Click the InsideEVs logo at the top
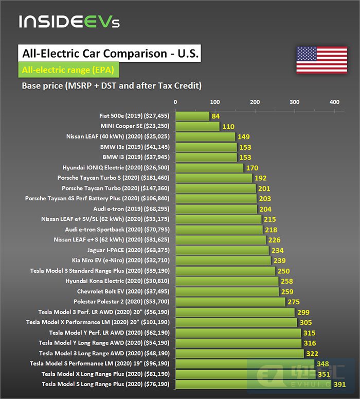click(x=69, y=22)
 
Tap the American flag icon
click(x=314, y=60)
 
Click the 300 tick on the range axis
click(x=295, y=102)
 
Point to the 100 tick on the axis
click(x=215, y=102)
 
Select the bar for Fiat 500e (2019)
click(x=192, y=116)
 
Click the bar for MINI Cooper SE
click(x=197, y=127)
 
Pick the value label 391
click(x=340, y=384)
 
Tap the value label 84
click(x=216, y=116)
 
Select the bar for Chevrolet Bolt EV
click(x=227, y=291)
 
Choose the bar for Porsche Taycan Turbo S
click(x=214, y=178)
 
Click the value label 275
click(x=294, y=302)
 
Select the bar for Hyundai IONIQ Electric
click(x=209, y=168)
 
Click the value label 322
click(x=313, y=353)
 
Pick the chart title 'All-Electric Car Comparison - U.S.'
click(x=109, y=54)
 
